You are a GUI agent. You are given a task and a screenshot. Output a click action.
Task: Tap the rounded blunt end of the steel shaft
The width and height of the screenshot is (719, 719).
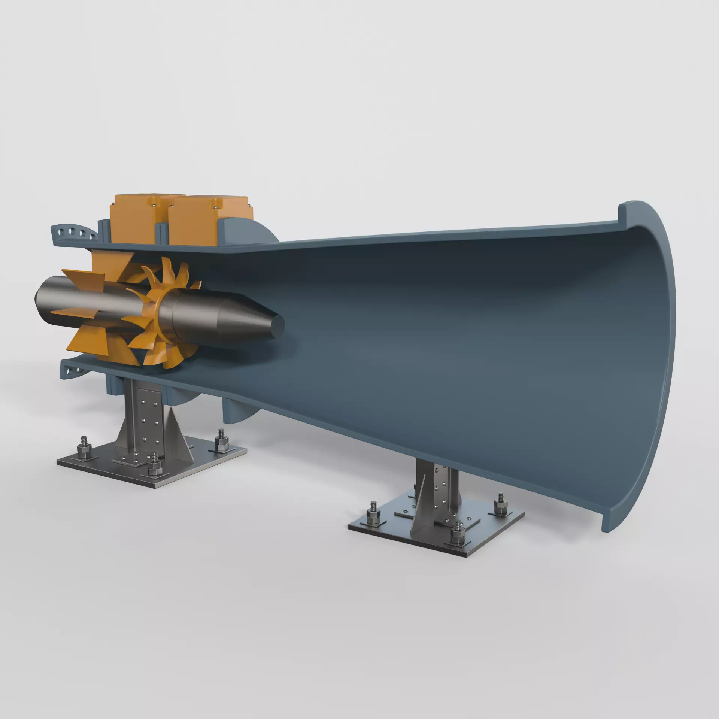[x=40, y=300]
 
